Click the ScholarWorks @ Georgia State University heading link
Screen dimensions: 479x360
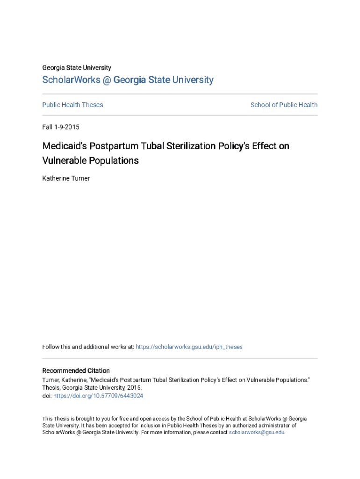pyautogui.click(x=128, y=80)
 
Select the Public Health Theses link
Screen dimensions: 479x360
pyautogui.click(x=72, y=105)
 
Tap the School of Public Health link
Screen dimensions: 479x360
pyautogui.click(x=284, y=105)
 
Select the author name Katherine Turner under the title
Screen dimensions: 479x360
pyautogui.click(x=66, y=178)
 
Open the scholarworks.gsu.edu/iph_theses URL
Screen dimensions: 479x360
pyautogui.click(x=189, y=347)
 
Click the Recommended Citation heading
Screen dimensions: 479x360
pyautogui.click(x=76, y=370)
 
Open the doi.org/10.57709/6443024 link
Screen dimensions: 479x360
pyautogui.click(x=98, y=396)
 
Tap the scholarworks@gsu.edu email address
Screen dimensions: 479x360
pyautogui.click(x=256, y=433)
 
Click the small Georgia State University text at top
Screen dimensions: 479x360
pyautogui.click(x=77, y=68)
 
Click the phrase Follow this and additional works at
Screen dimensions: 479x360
pyautogui.click(x=88, y=347)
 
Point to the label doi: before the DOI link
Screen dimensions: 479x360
pyautogui.click(x=47, y=396)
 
